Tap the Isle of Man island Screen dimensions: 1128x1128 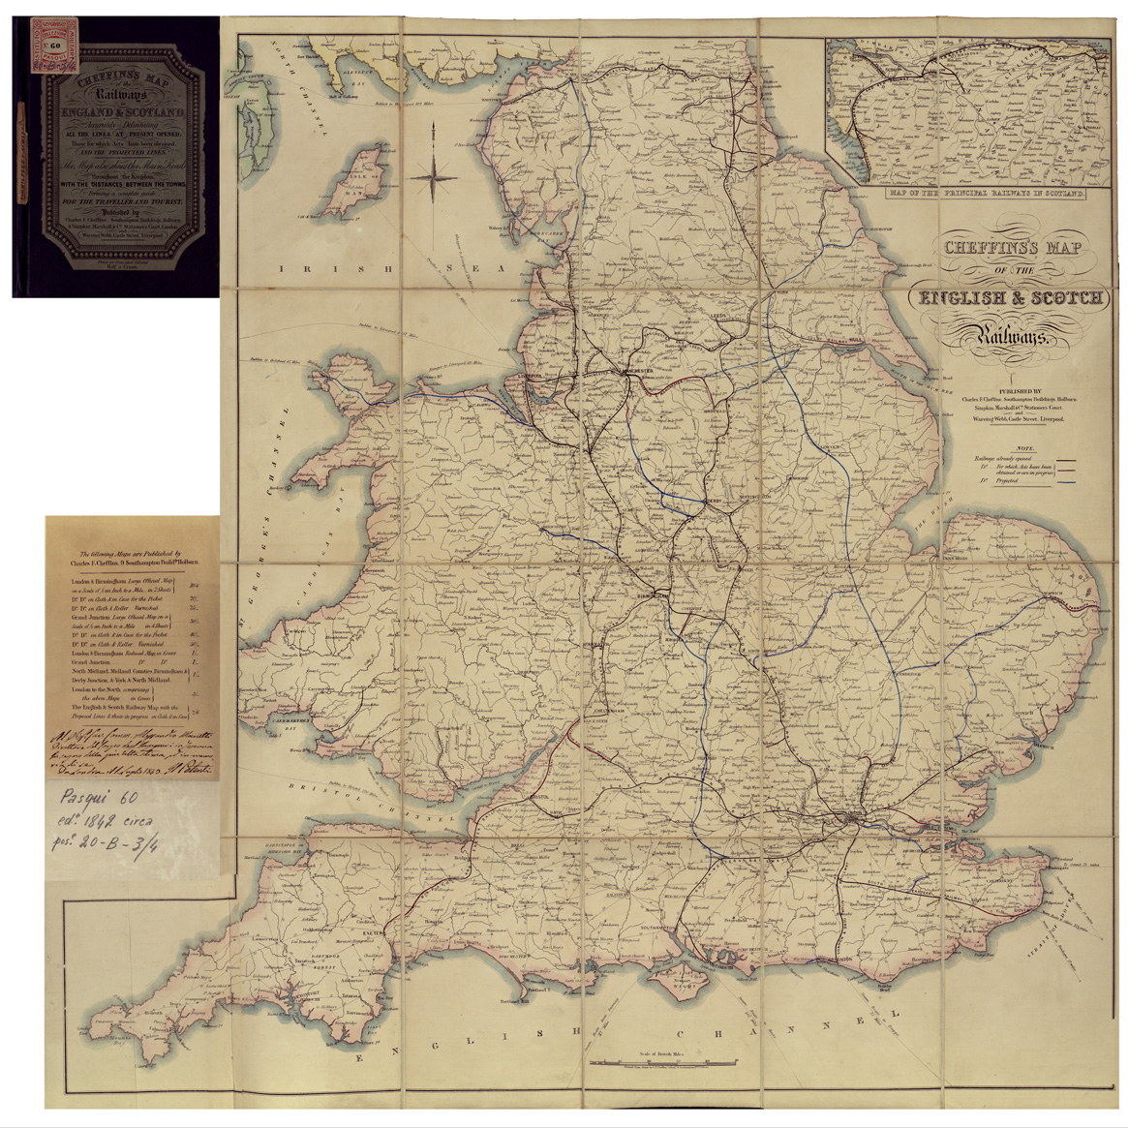(x=346, y=198)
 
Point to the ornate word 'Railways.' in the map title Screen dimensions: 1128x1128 (x=1007, y=335)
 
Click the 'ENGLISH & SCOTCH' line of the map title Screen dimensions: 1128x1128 (x=1011, y=298)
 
